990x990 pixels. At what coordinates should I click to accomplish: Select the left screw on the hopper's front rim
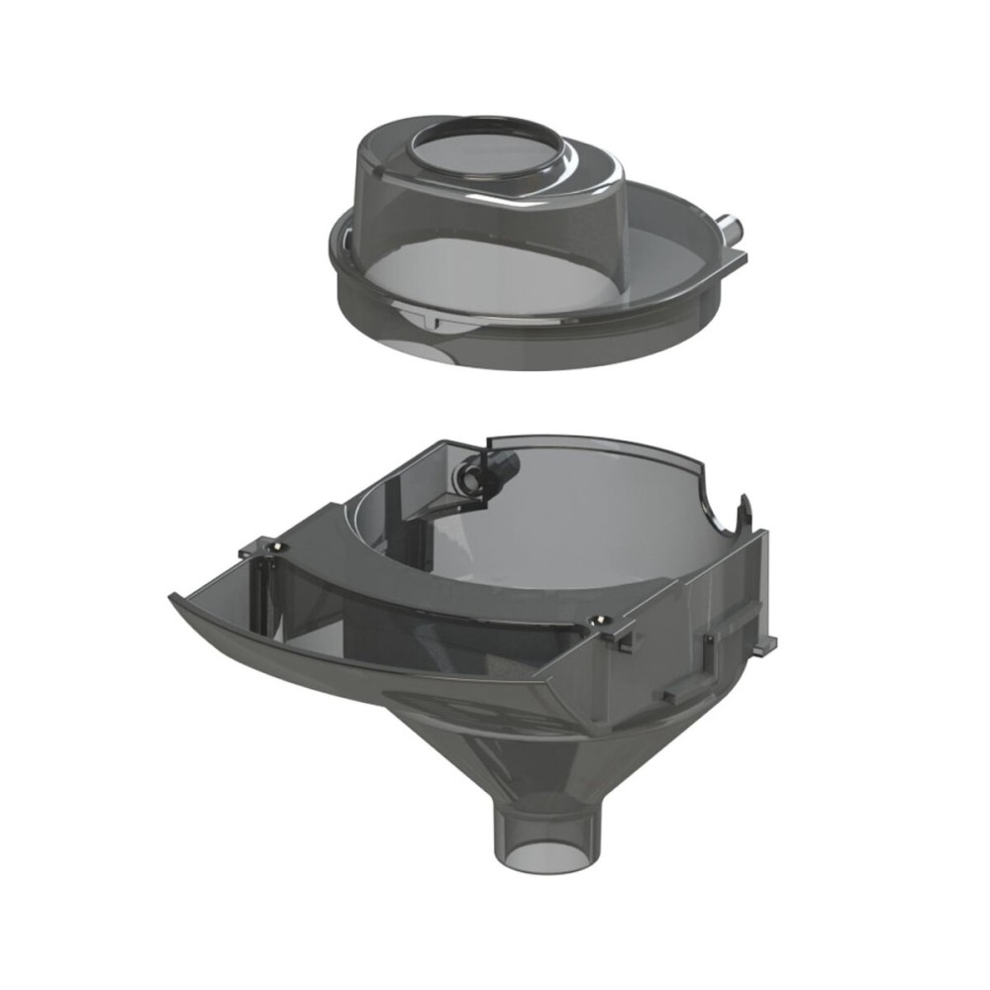tap(274, 546)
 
